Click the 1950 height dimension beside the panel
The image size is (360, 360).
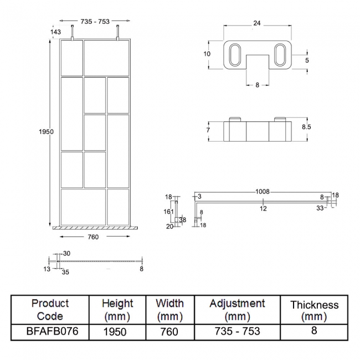click(x=47, y=132)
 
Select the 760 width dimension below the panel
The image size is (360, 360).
click(x=93, y=237)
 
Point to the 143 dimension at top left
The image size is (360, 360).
click(x=55, y=32)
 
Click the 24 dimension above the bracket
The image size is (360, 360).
click(x=256, y=24)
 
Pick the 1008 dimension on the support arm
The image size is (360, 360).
click(x=263, y=192)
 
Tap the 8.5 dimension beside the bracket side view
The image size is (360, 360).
click(x=306, y=127)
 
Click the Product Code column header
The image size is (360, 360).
click(x=50, y=310)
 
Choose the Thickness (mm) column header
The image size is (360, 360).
click(x=314, y=310)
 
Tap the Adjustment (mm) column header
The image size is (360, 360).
click(x=237, y=310)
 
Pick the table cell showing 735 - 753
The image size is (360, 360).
click(x=237, y=331)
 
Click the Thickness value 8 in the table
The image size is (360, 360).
click(x=314, y=331)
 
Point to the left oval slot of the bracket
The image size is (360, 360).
click(x=233, y=55)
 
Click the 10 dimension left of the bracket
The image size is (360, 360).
click(x=207, y=54)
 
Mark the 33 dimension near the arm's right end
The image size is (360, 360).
click(x=321, y=208)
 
